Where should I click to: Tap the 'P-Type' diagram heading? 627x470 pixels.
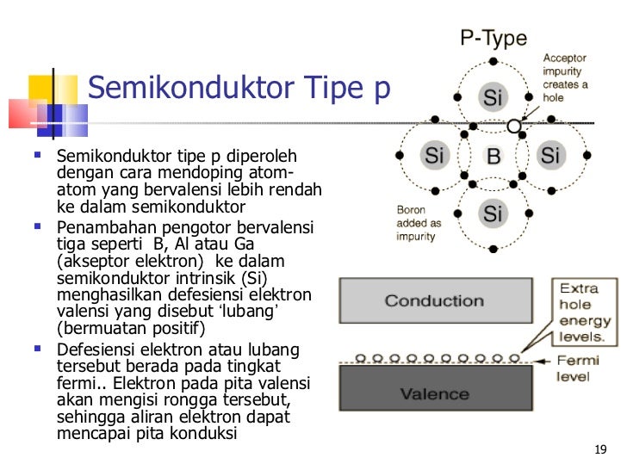click(494, 39)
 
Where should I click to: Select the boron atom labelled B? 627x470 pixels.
click(494, 157)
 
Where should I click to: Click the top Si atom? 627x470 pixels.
click(493, 98)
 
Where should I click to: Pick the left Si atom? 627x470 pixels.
click(434, 156)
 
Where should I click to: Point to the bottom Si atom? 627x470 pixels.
click(493, 213)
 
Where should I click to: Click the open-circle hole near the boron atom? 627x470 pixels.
click(514, 126)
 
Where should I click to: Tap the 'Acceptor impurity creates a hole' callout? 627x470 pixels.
click(566, 79)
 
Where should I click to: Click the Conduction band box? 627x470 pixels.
click(434, 301)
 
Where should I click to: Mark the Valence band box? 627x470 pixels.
click(434, 395)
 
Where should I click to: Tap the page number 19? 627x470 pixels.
click(601, 450)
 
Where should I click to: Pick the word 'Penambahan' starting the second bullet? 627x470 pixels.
click(98, 228)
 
